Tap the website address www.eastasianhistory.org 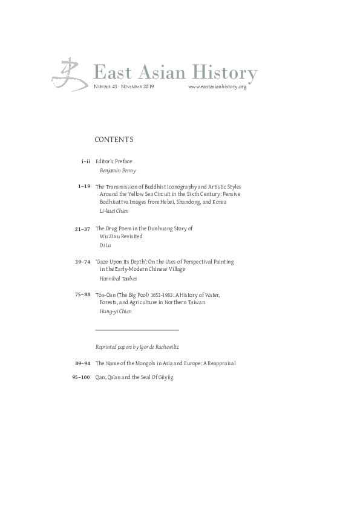pyautogui.click(x=217, y=87)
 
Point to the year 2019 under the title pyautogui.click(x=148, y=87)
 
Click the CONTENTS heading pyautogui.click(x=114, y=140)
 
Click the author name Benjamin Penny pyautogui.click(x=117, y=170)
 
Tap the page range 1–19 pyautogui.click(x=84, y=187)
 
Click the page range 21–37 pyautogui.click(x=83, y=229)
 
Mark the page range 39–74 pyautogui.click(x=83, y=262)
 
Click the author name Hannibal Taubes pyautogui.click(x=117, y=279)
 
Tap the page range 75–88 pyautogui.click(x=83, y=295)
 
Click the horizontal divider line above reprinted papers pyautogui.click(x=137, y=330)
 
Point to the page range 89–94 pyautogui.click(x=83, y=363)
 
